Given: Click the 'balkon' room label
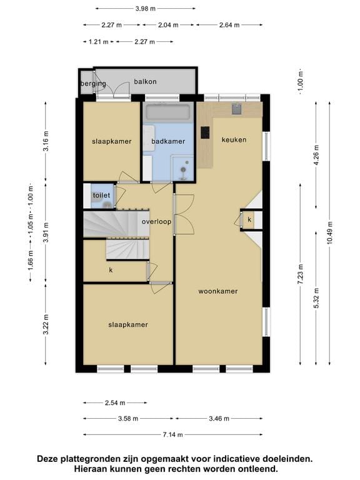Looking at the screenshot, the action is click(x=145, y=81).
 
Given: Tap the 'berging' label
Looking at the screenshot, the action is click(x=93, y=84).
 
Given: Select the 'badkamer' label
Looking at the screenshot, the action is click(x=168, y=141).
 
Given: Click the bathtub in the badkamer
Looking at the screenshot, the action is click(x=168, y=112).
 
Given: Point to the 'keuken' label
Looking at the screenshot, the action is click(x=234, y=139).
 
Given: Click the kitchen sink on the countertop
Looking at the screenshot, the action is click(x=236, y=109).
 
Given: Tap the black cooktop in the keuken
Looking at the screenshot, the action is click(x=205, y=133).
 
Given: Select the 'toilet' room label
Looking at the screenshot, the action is click(x=101, y=195).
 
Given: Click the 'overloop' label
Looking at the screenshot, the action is click(x=156, y=221).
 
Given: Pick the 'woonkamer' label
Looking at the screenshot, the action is click(x=218, y=291).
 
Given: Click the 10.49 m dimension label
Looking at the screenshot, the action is click(x=330, y=232).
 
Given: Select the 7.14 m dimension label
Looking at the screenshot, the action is click(x=173, y=434).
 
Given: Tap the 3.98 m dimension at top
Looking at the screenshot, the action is click(x=146, y=9).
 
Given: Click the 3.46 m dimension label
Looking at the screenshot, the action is click(x=219, y=419).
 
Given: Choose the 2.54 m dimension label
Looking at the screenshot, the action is click(x=115, y=403).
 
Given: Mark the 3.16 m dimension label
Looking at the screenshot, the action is click(x=46, y=141).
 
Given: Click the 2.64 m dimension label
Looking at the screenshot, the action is click(x=229, y=25).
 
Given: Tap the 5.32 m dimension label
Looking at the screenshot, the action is click(x=316, y=298).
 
